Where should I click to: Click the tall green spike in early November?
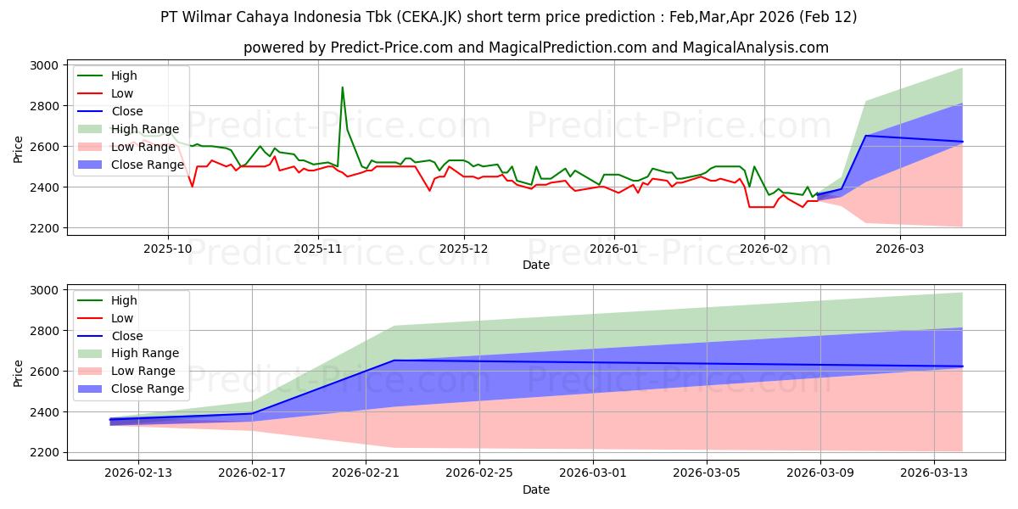343,87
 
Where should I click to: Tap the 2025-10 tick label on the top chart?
167,248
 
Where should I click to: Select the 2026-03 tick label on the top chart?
900,248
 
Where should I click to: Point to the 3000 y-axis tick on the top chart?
43,65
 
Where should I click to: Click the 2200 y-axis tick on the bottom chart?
43,453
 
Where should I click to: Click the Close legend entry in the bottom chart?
127,336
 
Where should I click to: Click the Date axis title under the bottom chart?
536,489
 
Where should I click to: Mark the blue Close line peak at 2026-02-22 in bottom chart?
394,361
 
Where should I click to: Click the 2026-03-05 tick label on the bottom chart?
707,473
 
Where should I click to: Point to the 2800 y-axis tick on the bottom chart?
43,331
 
